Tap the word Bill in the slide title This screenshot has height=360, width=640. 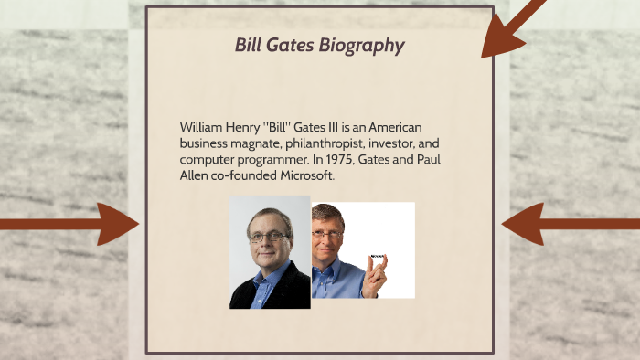tap(251, 45)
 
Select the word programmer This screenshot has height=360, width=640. tap(272, 159)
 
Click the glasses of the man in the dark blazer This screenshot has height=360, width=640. tap(268, 237)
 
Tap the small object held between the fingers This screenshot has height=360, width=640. tap(376, 257)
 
